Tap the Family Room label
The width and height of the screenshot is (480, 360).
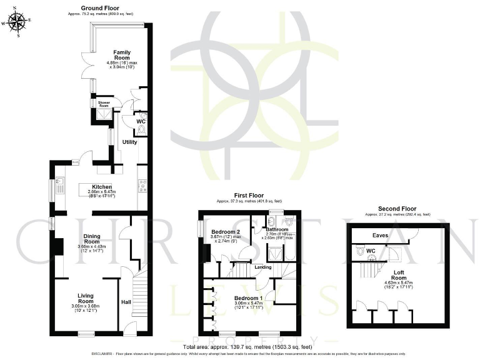coord(122,55)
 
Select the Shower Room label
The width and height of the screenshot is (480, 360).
coord(104,104)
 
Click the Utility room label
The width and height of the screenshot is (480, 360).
coord(129,142)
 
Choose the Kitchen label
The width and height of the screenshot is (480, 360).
coord(102,186)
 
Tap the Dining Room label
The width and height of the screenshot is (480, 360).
coord(92,238)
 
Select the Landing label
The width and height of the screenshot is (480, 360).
coord(262,267)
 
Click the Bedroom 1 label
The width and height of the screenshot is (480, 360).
coord(248,297)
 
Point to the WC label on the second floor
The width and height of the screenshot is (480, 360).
coord(371,251)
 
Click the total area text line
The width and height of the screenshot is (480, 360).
coord(249,346)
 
